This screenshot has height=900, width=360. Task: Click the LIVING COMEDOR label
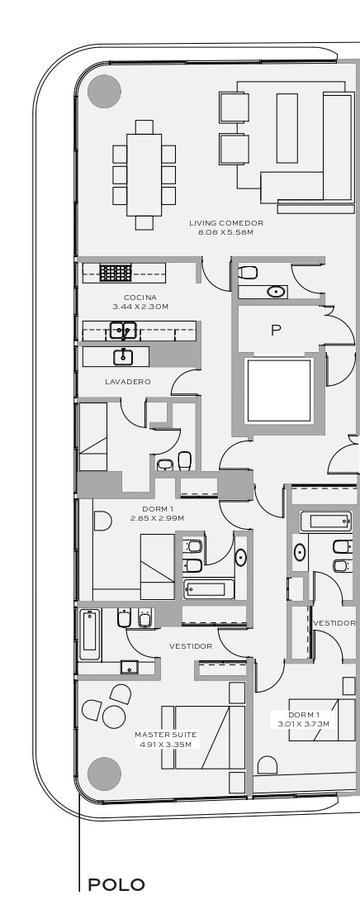pyautogui.click(x=226, y=223)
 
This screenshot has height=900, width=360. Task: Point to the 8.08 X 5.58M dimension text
pyautogui.click(x=226, y=232)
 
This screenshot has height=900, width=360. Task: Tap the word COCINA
pyautogui.click(x=140, y=297)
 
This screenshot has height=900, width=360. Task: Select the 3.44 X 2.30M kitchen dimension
pyautogui.click(x=140, y=307)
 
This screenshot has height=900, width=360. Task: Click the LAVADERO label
pyautogui.click(x=128, y=381)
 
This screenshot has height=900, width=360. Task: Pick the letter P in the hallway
pyautogui.click(x=276, y=331)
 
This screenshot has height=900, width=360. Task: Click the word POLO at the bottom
pyautogui.click(x=116, y=885)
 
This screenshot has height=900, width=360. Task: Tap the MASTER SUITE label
pyautogui.click(x=166, y=735)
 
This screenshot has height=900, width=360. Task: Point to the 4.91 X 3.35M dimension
pyautogui.click(x=166, y=744)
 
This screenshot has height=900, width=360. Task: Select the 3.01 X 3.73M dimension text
pyautogui.click(x=304, y=724)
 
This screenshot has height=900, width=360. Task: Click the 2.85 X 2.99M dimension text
pyautogui.click(x=157, y=518)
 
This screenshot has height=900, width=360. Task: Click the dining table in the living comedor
pyautogui.click(x=144, y=174)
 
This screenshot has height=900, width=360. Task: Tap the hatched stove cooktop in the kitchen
pyautogui.click(x=115, y=273)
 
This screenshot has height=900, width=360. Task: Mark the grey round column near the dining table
pyautogui.click(x=104, y=91)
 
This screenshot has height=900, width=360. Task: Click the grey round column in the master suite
pyautogui.click(x=104, y=774)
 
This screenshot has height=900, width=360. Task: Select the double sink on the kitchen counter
pyautogui.click(x=123, y=331)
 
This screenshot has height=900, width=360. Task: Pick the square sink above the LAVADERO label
pyautogui.click(x=123, y=357)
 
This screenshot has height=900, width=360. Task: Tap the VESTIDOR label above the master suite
pyautogui.click(x=191, y=646)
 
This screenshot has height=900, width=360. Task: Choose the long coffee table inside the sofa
pyautogui.click(x=287, y=128)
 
